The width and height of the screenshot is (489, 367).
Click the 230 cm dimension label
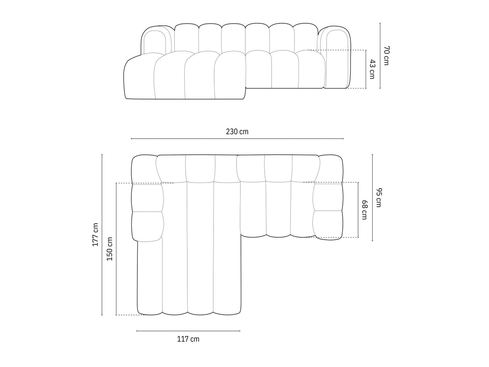(237, 132)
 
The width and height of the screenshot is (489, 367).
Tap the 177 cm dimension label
(95, 234)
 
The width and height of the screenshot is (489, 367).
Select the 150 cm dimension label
(110, 249)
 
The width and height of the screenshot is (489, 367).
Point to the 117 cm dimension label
(188, 339)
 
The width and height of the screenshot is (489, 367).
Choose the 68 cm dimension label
(364, 210)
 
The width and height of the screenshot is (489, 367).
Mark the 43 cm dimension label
(372, 69)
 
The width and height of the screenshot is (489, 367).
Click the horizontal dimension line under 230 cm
(237, 139)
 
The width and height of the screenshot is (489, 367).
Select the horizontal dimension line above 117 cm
(188, 331)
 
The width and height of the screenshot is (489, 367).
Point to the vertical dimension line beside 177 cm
(102, 234)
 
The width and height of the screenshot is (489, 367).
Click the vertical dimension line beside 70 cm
(380, 56)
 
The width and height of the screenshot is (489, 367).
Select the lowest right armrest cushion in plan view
(327, 225)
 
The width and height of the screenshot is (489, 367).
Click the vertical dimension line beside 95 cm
(372, 197)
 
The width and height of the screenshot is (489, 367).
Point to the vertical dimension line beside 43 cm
(366, 69)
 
